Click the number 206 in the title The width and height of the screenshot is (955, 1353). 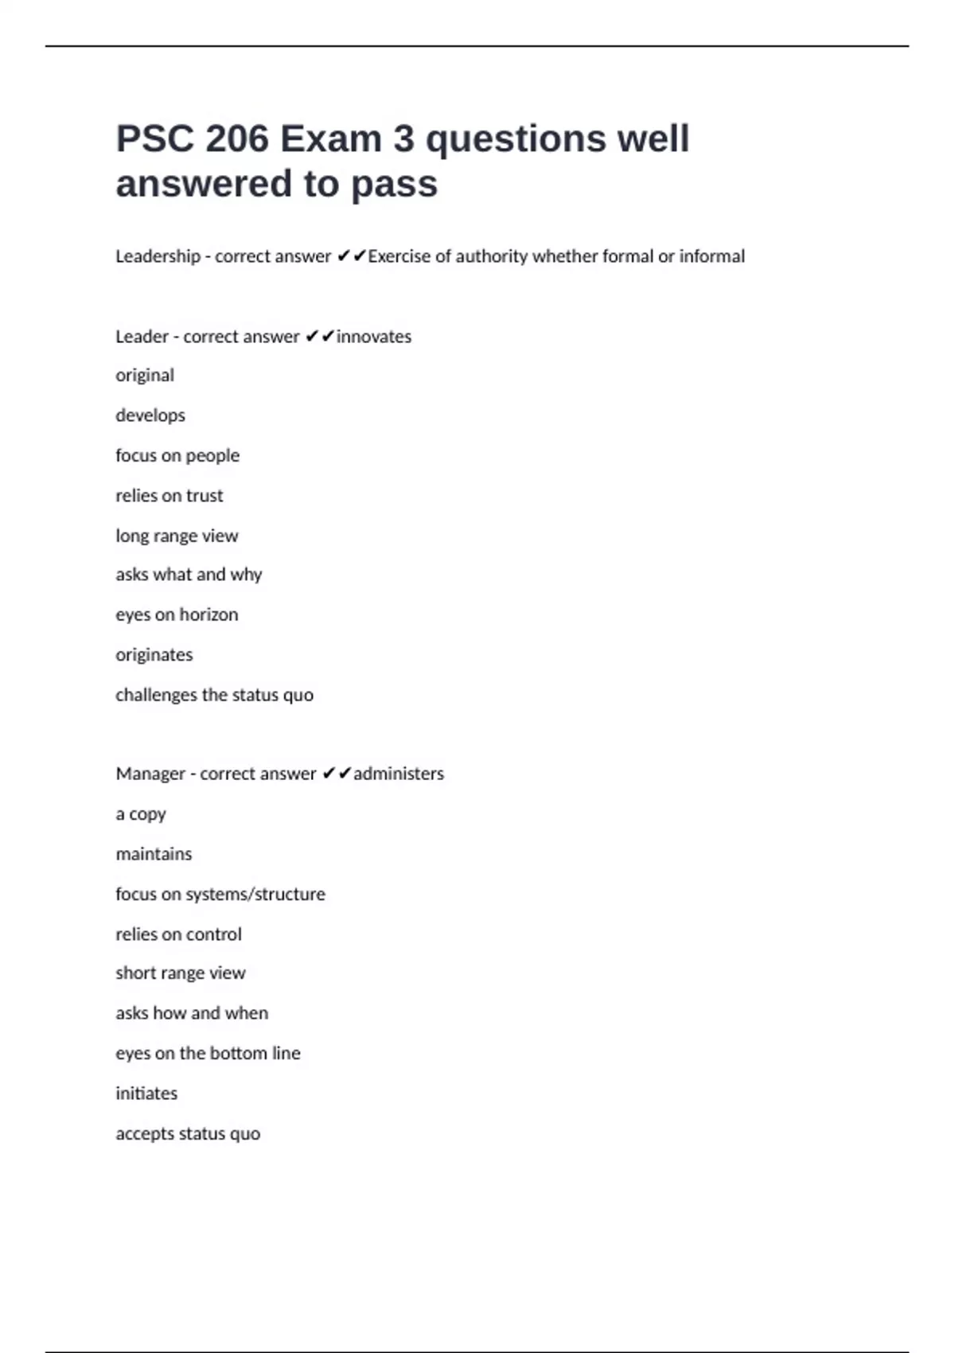point(237,139)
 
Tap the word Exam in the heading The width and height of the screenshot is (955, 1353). point(330,139)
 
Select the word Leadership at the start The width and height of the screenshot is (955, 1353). point(158,256)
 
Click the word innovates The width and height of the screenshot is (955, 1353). point(374,337)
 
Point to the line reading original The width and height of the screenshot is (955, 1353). point(145,376)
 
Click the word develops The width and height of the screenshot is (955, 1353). point(150,415)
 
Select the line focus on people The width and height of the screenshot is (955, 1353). point(177,455)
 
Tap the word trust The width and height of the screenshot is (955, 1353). point(205,496)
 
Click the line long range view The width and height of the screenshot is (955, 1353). point(177,536)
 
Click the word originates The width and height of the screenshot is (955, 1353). point(154,655)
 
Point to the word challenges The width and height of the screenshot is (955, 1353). point(156,695)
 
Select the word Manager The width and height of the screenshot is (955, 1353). point(150,774)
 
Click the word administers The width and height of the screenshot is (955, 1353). point(399,774)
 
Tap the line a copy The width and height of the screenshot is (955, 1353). point(141,814)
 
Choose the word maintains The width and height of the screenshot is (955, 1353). point(154,854)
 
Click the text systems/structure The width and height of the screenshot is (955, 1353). point(255,895)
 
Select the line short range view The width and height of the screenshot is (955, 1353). point(181,973)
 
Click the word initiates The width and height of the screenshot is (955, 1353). point(146,1094)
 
